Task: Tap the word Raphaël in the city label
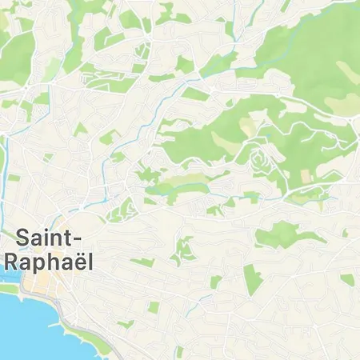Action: [x=47, y=262]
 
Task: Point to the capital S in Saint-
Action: [x=24, y=238]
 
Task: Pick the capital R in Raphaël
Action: [x=12, y=262]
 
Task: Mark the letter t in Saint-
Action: [x=70, y=238]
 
